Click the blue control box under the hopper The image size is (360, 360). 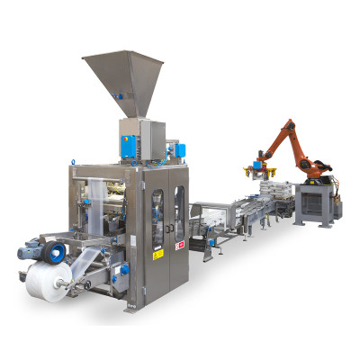click(x=129, y=142)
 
